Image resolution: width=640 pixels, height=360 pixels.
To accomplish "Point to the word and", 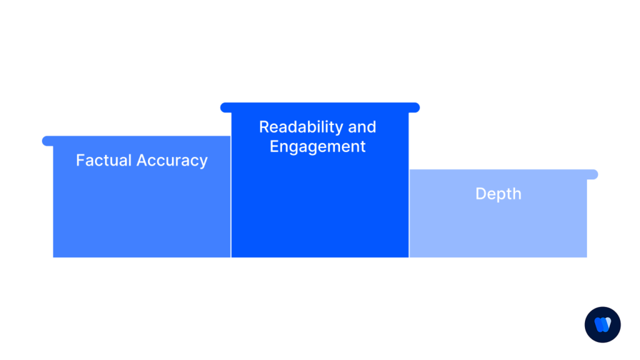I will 362,127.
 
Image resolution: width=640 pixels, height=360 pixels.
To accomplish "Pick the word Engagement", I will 317,147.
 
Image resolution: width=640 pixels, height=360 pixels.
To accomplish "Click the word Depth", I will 498,194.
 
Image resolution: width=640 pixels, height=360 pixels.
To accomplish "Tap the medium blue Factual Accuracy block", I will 142,212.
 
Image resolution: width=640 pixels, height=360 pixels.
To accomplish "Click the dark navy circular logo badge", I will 602,324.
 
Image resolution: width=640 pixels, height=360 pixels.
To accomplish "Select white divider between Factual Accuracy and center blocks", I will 231,206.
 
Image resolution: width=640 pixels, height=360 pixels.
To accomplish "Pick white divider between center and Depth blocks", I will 409,212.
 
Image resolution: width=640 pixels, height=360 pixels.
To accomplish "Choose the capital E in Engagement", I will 274,147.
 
